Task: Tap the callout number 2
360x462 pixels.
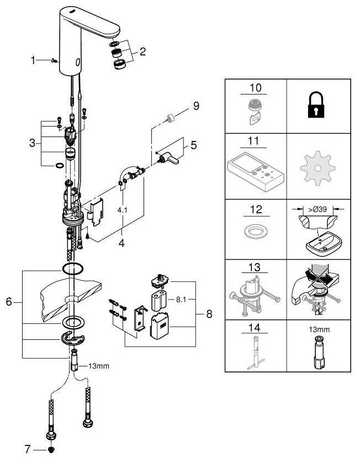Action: [x=142, y=53]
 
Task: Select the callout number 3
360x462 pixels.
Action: [x=33, y=143]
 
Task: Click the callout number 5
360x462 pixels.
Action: [x=193, y=146]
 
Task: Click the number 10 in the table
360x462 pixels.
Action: [x=256, y=88]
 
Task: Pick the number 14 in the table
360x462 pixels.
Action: [x=256, y=327]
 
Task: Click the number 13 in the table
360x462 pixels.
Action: [x=256, y=267]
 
